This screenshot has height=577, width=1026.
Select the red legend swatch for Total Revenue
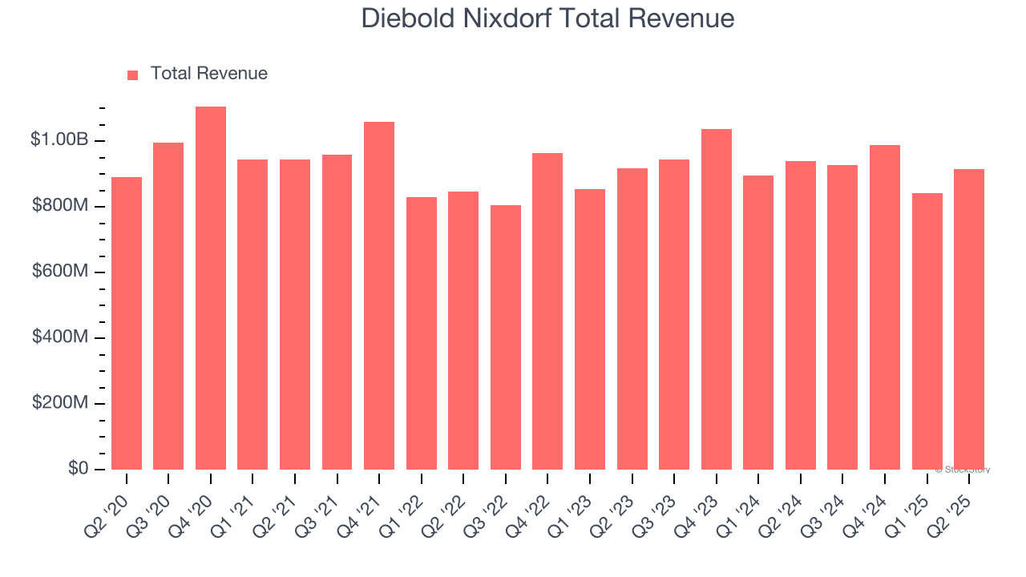click(x=133, y=75)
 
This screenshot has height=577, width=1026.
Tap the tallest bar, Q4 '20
click(x=211, y=288)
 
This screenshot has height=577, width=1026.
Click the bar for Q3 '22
click(x=506, y=337)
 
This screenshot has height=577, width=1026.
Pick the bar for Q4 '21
click(x=379, y=297)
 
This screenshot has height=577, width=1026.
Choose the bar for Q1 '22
click(x=422, y=333)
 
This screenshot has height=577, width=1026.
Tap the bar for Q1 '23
click(x=590, y=329)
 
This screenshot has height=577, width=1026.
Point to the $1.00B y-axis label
click(x=59, y=140)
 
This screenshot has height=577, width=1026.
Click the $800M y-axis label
click(x=60, y=206)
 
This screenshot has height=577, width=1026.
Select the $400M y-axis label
click(x=60, y=337)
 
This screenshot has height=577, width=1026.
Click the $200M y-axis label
click(x=60, y=403)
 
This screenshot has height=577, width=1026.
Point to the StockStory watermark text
click(x=963, y=470)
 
